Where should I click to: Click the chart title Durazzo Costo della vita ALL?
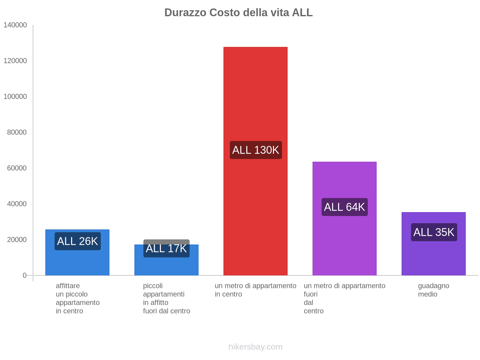[x=238, y=13]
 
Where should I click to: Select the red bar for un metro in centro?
[x=255, y=90]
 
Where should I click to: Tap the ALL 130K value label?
[x=256, y=150]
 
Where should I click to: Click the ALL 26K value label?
[x=77, y=241]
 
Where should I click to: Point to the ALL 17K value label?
[x=166, y=248]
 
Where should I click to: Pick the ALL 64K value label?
[x=344, y=207]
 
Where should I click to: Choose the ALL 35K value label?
[x=434, y=232]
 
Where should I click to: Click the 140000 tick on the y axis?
[x=15, y=25]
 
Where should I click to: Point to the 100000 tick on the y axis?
[x=15, y=97]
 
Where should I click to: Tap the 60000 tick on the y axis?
[x=17, y=168]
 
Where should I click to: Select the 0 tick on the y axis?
[x=25, y=275]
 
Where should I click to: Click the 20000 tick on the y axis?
[x=17, y=240]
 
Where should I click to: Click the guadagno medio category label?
[x=433, y=290]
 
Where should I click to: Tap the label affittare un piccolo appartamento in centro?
[x=77, y=298]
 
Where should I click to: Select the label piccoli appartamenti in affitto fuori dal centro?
[x=166, y=298]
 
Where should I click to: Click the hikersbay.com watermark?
[x=255, y=347]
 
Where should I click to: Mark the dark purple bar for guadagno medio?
[x=433, y=258]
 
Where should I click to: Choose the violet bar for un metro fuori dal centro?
[x=344, y=180]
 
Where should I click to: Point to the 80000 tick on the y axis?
[x=17, y=132]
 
